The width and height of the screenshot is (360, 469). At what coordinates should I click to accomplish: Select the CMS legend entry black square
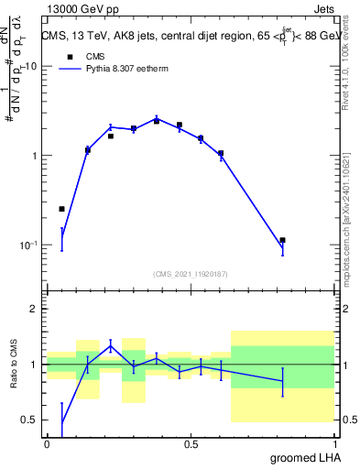67,56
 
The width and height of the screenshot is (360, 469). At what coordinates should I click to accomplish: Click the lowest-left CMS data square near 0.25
62,209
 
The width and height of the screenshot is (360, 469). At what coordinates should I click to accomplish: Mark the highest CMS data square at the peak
157,121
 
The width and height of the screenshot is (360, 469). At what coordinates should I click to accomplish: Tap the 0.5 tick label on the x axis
191,443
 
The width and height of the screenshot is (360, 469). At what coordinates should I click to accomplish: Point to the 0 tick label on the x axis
47,443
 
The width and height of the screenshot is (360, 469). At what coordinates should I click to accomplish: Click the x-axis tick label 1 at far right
333,443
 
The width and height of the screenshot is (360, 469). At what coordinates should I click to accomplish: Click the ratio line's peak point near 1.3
111,345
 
